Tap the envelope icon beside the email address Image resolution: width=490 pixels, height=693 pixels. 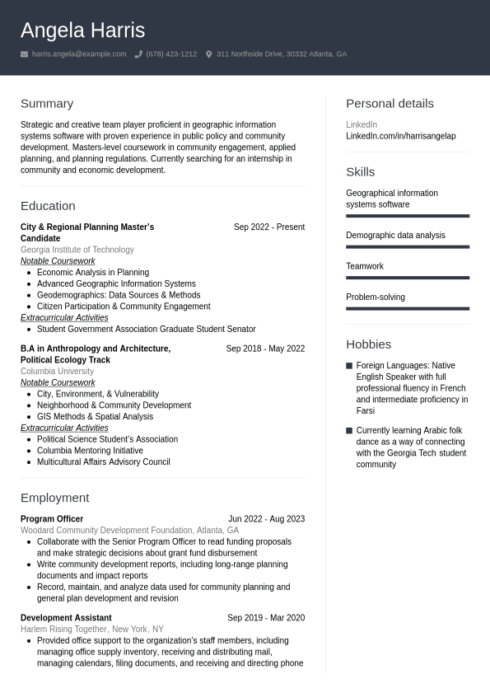[x=25, y=54]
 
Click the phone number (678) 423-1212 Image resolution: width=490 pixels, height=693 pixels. [x=171, y=54]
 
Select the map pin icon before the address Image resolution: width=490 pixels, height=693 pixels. [x=209, y=54]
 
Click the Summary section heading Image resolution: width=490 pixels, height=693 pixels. [x=47, y=104]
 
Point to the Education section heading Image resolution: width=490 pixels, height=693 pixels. [x=48, y=206]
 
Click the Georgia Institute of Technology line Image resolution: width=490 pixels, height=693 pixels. [x=77, y=250]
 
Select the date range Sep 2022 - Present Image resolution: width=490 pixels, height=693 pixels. [x=268, y=227]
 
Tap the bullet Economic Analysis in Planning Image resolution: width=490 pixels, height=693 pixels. [x=92, y=273]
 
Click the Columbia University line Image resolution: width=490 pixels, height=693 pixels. [x=57, y=372]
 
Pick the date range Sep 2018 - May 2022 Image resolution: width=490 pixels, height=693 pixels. [x=265, y=349]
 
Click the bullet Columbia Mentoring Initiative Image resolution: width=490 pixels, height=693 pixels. [x=90, y=451]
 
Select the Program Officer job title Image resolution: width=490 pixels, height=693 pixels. [x=52, y=519]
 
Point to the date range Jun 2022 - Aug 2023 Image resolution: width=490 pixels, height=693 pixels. [x=266, y=519]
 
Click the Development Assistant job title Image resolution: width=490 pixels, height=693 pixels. [x=66, y=618]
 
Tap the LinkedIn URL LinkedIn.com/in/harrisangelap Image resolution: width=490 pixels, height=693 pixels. [x=400, y=136]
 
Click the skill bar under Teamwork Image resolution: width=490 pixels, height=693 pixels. [x=408, y=278]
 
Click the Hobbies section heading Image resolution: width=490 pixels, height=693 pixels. [x=368, y=344]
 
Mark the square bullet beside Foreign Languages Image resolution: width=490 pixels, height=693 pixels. [x=349, y=366]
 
